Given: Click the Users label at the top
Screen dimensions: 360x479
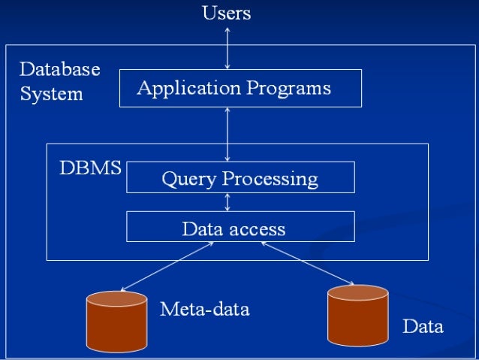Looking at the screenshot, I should [x=227, y=13].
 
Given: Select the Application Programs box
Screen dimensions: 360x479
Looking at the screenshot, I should [x=240, y=88].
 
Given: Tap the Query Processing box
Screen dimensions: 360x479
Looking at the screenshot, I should [x=240, y=178].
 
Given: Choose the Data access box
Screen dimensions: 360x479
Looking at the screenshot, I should [x=240, y=227].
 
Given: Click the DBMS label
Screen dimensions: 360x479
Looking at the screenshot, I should [x=90, y=168].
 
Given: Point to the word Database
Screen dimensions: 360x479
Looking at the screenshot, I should [x=59, y=70].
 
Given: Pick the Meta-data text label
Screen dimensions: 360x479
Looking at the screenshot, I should [x=204, y=309].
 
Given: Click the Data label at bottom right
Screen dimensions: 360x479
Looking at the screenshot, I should [x=423, y=327].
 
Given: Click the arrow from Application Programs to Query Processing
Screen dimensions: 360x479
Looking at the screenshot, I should [x=227, y=134].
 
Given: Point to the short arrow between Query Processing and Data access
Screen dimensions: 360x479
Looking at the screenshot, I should [x=227, y=202].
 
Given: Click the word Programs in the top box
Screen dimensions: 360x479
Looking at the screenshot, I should [x=291, y=88].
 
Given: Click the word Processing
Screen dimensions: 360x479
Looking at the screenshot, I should [x=270, y=179].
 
